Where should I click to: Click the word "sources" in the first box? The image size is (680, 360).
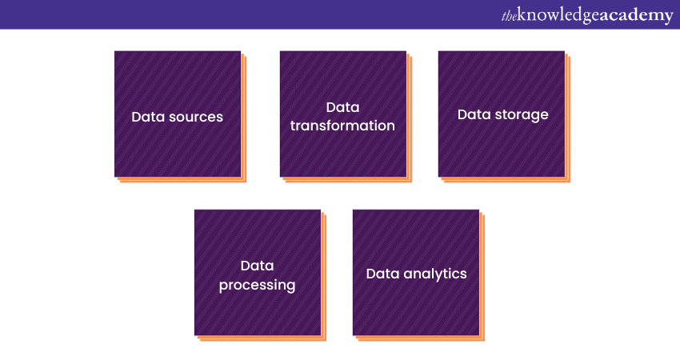(x=196, y=117)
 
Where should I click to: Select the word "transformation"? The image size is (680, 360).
(x=342, y=126)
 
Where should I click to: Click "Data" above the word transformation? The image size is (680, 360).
(x=342, y=107)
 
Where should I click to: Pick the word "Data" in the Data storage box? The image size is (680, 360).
(x=474, y=114)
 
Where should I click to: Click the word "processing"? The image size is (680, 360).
(x=257, y=285)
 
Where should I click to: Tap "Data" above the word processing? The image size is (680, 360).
(x=257, y=266)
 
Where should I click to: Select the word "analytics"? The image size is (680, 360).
(x=434, y=274)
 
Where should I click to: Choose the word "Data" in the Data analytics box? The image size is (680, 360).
(x=383, y=274)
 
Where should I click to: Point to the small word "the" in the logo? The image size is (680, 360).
(x=510, y=15)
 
